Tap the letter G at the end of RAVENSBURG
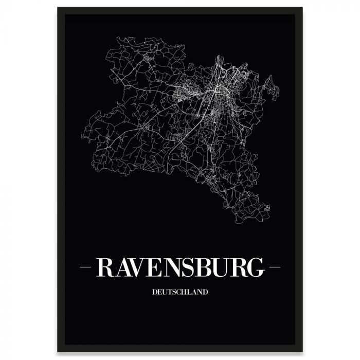255,267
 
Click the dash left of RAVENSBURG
86,267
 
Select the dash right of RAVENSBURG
275,267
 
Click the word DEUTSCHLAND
180,292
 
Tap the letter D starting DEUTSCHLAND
154,292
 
